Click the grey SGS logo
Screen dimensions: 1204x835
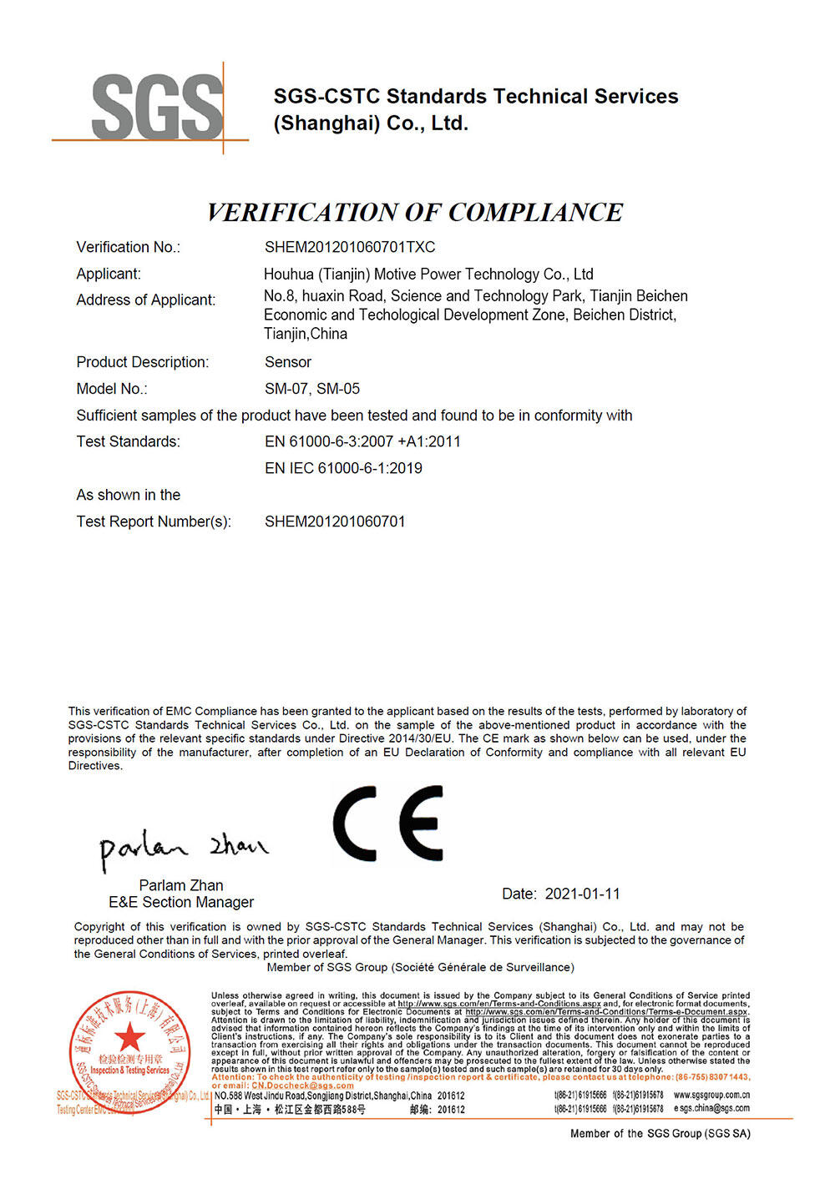pyautogui.click(x=157, y=107)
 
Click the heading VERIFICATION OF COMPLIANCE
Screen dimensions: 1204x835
pyautogui.click(x=414, y=213)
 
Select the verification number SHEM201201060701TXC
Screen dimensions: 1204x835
pyautogui.click(x=350, y=247)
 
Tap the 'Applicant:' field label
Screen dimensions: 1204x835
pyautogui.click(x=109, y=274)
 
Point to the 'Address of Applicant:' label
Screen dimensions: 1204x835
pyautogui.click(x=145, y=300)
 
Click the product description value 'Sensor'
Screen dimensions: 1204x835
pyautogui.click(x=288, y=362)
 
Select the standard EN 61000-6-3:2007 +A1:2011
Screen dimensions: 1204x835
pyautogui.click(x=362, y=441)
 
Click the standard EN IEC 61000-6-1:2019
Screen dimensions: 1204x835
pyautogui.click(x=343, y=468)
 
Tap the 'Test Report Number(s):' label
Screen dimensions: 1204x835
pyautogui.click(x=154, y=521)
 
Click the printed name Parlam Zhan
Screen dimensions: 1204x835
pyautogui.click(x=181, y=885)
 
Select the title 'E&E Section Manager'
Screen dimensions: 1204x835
pyautogui.click(x=181, y=903)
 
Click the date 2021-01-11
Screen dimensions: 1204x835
pyautogui.click(x=582, y=894)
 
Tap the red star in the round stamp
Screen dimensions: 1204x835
pyautogui.click(x=129, y=1038)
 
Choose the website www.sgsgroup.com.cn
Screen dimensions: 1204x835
pyautogui.click(x=711, y=1095)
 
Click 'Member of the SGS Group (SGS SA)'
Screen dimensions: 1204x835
pyautogui.click(x=660, y=1133)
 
